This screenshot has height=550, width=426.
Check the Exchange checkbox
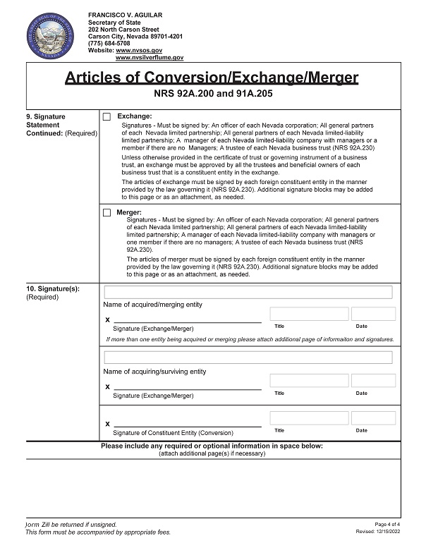click(x=107, y=117)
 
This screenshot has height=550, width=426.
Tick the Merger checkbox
click(x=107, y=212)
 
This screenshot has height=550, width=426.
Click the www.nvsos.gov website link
click(x=139, y=51)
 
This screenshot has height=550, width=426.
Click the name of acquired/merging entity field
click(x=248, y=292)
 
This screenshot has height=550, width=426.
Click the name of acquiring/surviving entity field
click(x=248, y=357)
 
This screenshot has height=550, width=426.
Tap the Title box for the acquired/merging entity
click(x=309, y=314)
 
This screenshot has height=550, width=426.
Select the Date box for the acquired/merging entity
click(x=373, y=314)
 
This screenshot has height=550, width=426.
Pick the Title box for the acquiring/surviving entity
click(x=309, y=381)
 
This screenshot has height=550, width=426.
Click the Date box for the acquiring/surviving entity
click(x=373, y=381)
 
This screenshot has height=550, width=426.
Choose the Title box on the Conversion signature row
click(x=309, y=418)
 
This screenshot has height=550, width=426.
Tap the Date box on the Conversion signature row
click(x=373, y=418)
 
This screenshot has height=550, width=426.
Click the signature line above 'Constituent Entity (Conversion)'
click(x=187, y=424)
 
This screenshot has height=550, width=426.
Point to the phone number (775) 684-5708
click(x=109, y=44)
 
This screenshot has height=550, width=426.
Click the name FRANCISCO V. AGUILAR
click(x=126, y=15)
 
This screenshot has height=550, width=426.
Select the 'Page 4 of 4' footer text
click(x=388, y=524)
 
